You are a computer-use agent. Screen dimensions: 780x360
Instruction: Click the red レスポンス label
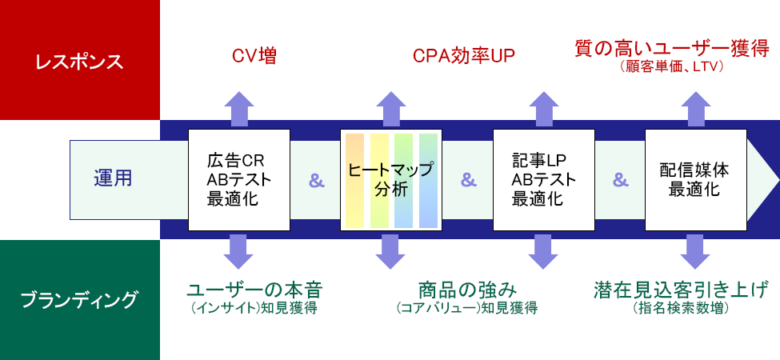tap(79, 62)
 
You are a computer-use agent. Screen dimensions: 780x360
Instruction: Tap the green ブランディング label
tap(79, 300)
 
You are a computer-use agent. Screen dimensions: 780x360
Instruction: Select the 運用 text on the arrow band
tap(113, 178)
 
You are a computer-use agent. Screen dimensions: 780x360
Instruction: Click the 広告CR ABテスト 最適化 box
tap(239, 180)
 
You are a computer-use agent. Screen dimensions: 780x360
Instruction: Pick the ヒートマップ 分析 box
tap(391, 180)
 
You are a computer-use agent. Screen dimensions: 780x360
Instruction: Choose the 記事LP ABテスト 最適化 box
tap(544, 180)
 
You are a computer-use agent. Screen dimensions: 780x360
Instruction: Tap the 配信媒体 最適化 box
tap(696, 180)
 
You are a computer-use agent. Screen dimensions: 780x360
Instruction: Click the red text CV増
tap(254, 56)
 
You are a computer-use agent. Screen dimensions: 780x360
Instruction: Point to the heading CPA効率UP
tap(464, 56)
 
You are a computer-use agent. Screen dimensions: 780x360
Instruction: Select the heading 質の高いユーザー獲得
tap(671, 50)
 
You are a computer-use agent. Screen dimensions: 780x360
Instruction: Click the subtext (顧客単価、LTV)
tap(671, 66)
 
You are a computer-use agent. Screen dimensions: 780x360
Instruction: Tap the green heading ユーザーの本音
tap(254, 290)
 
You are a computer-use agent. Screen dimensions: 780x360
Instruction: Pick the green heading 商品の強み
tap(466, 290)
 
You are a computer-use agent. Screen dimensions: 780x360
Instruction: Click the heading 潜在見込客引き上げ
tap(681, 290)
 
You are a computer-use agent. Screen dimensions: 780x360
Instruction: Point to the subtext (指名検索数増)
tap(681, 308)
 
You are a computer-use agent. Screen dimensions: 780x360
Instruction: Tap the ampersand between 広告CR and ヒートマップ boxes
tap(316, 181)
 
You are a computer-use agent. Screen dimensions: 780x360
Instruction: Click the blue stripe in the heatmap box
tap(428, 181)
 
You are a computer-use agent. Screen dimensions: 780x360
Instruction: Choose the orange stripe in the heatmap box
tap(354, 181)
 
